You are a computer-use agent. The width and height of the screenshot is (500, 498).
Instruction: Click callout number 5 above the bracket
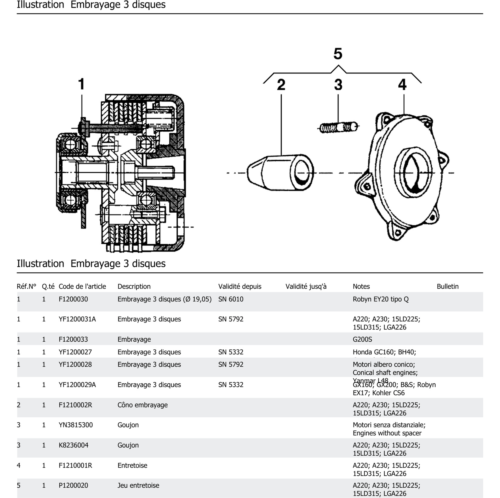tap(338, 54)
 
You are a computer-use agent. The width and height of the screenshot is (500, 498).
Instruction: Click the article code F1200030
tap(73, 299)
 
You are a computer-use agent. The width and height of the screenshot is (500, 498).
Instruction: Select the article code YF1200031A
tap(77, 319)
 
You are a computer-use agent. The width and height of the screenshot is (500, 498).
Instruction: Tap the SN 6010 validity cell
tap(231, 299)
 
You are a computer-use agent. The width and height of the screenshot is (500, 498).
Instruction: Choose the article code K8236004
tap(74, 445)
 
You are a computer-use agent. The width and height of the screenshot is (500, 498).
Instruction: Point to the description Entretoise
tap(132, 465)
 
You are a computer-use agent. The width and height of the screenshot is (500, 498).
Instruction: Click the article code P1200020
tap(73, 485)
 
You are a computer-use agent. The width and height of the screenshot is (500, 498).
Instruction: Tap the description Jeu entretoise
tap(138, 485)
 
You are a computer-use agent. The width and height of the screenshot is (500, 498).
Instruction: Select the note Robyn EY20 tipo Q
tap(380, 299)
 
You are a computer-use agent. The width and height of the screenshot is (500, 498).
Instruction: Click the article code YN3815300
tap(76, 425)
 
